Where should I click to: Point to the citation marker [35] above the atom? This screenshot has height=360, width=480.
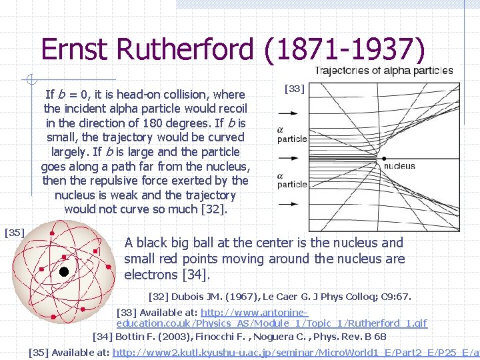14,232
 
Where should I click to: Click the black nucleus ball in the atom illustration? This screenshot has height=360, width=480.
63,271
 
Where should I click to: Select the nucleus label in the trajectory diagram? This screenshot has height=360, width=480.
399,165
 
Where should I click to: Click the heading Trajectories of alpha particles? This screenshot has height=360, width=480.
383,71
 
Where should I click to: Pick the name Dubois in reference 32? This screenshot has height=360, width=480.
189,296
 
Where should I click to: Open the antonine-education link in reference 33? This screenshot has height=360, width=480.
271,317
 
